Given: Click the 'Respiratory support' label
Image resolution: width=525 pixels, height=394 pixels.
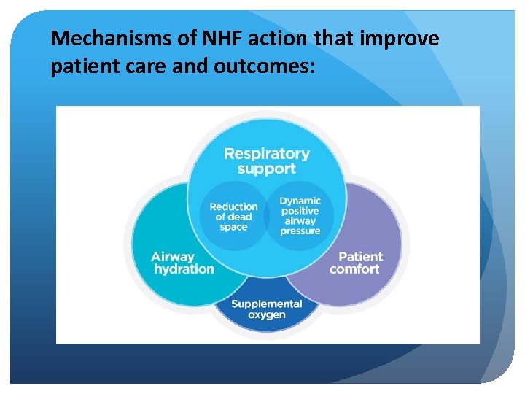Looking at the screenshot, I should (266, 161).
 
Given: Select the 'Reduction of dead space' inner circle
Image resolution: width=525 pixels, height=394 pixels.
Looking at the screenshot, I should (233, 217).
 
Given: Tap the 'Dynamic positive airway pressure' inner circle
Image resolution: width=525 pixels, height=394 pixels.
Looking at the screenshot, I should (300, 216).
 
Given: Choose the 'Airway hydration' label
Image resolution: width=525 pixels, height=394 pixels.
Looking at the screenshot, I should (183, 263).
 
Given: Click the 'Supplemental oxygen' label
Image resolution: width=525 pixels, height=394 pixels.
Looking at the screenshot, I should (267, 309).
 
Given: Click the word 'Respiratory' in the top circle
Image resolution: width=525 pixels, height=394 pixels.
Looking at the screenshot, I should (266, 154).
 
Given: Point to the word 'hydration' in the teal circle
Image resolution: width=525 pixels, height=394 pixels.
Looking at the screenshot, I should (184, 269).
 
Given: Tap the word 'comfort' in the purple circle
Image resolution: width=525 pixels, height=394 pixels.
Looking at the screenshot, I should (354, 269).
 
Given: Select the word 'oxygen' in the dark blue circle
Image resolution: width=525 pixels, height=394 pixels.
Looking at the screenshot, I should (267, 315).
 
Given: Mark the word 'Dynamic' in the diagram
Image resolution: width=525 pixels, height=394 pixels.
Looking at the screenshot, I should (300, 201).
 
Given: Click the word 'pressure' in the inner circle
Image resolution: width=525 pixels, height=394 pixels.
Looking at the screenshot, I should (300, 231).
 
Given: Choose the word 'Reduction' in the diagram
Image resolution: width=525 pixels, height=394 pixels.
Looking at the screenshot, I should (233, 206).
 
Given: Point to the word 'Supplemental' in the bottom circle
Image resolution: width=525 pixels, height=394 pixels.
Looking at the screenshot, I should (267, 304).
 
